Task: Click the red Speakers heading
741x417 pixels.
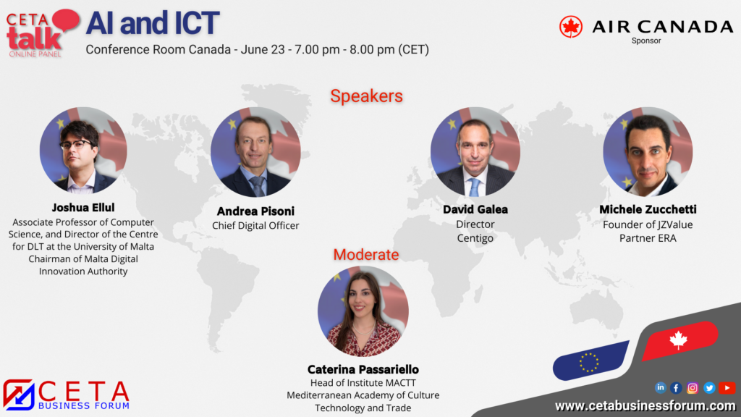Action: [366, 96]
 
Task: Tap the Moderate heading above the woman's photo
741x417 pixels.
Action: [366, 254]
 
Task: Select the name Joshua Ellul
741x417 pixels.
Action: [83, 208]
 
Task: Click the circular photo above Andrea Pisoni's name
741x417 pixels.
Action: [255, 152]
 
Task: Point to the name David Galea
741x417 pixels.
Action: [475, 209]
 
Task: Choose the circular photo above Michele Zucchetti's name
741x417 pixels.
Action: [648, 152]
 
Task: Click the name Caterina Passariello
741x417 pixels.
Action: [363, 369]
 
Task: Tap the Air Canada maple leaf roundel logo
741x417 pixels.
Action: [571, 27]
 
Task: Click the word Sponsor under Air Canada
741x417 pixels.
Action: [646, 41]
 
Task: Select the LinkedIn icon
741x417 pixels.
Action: [660, 388]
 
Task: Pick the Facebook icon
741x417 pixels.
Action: [676, 388]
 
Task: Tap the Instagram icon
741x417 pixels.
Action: [693, 388]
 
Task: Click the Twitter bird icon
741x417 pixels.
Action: [709, 388]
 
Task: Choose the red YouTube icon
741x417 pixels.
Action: [727, 388]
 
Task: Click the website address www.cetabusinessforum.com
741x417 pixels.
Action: [645, 405]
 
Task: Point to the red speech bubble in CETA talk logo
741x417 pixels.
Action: [66, 20]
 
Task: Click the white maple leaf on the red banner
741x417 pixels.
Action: [678, 340]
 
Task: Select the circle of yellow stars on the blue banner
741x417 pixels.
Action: [589, 363]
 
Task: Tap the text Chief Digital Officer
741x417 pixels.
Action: [255, 226]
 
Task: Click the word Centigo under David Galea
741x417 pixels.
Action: [475, 238]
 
